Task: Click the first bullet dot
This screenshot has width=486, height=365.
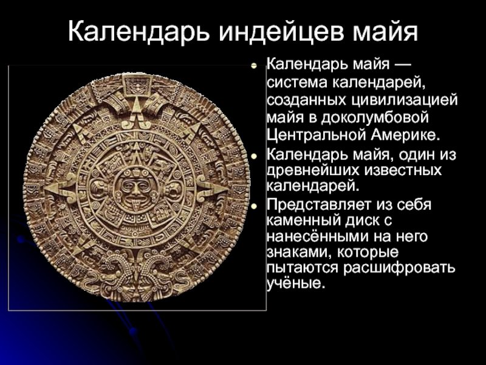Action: (254, 66)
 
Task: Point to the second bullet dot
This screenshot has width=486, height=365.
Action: (254, 157)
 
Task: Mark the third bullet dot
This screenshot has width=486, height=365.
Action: (254, 206)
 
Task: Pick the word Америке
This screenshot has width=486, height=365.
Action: (405, 135)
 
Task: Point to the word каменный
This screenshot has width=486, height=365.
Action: (302, 221)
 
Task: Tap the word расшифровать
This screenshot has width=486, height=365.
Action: (399, 268)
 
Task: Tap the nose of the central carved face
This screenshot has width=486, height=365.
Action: (134, 190)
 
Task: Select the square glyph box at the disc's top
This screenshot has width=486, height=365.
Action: (137, 84)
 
